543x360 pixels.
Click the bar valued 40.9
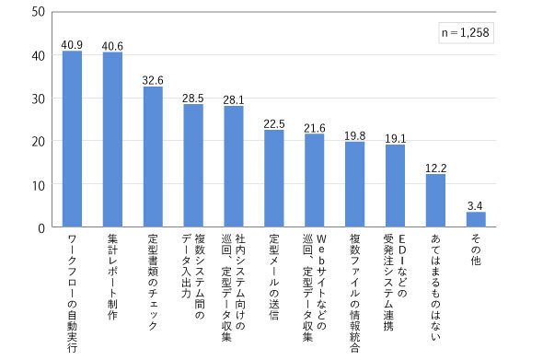[x=72, y=139]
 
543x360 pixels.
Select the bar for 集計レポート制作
[x=112, y=140]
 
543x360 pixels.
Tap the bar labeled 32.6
[x=153, y=157]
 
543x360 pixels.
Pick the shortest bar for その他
[x=476, y=219]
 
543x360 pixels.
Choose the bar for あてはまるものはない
[x=435, y=201]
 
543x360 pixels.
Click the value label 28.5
[x=193, y=99]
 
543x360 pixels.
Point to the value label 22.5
[x=274, y=124]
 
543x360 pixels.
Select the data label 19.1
[x=395, y=139]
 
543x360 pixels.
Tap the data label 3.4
[x=475, y=206]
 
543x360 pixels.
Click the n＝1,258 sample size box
[x=466, y=33]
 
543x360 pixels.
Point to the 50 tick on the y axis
[x=38, y=12]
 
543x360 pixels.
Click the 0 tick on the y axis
[x=41, y=228]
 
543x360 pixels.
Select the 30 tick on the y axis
[x=38, y=99]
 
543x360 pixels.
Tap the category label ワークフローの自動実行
[x=72, y=294]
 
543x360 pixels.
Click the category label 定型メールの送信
[x=274, y=277]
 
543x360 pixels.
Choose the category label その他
[x=476, y=250]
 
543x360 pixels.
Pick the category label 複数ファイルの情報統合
[x=354, y=294]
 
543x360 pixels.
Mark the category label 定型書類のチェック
[x=153, y=283]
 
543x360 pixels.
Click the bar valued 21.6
[x=315, y=180]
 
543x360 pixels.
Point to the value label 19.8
[x=354, y=136]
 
